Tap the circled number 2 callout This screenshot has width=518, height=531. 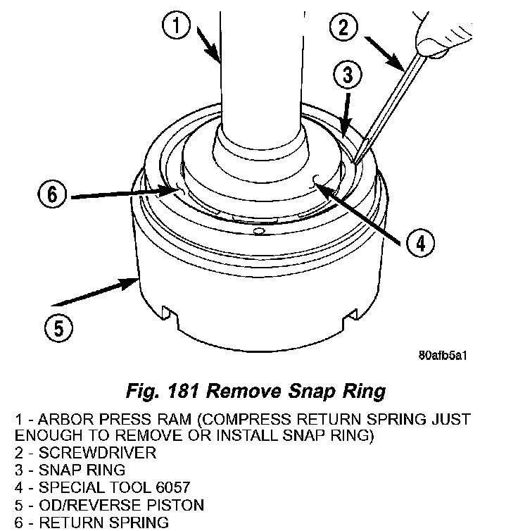344,28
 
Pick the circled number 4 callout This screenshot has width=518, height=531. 419,244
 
